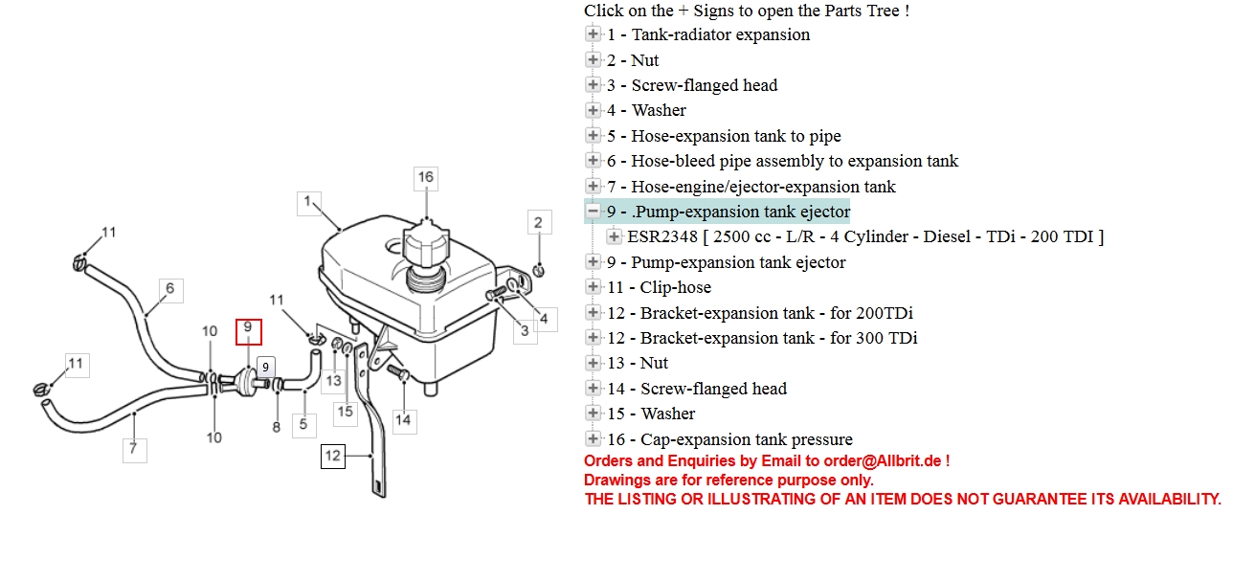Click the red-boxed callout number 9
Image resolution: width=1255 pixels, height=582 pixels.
248,331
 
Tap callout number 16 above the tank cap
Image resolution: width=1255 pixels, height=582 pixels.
426,178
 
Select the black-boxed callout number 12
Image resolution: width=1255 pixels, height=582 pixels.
333,456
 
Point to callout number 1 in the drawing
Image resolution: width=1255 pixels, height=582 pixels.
308,203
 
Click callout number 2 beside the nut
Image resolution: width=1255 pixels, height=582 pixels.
539,222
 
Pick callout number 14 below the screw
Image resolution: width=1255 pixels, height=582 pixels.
403,421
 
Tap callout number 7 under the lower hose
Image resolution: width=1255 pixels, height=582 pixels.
134,450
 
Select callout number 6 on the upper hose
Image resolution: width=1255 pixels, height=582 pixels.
171,290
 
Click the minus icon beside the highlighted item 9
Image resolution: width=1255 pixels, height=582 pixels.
593,212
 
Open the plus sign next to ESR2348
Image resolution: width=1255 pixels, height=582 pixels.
614,236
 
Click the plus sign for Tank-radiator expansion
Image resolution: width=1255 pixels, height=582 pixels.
593,34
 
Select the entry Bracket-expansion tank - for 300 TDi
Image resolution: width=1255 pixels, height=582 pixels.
763,338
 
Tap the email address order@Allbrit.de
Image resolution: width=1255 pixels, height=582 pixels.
883,461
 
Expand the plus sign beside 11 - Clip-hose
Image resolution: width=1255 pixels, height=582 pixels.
593,287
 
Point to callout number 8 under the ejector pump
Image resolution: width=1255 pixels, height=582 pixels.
277,427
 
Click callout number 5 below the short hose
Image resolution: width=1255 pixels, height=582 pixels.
303,425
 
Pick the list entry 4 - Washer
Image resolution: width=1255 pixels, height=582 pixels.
646,110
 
